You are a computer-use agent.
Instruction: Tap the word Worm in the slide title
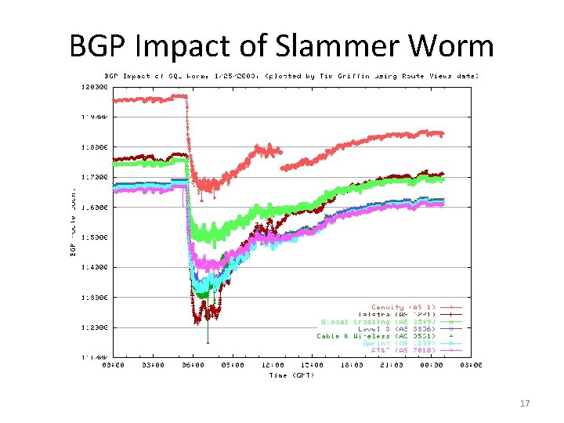[x=454, y=46]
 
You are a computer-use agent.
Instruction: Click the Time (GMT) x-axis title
[x=291, y=375]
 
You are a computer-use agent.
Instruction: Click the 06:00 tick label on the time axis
[x=193, y=365]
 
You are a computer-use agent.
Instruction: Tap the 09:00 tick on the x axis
[x=233, y=365]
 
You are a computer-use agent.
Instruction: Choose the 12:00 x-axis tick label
[x=272, y=365]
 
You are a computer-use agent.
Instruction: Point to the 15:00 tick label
[x=312, y=365]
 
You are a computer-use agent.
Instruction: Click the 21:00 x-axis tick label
[x=391, y=365]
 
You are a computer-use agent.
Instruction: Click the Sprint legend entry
[x=399, y=343]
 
